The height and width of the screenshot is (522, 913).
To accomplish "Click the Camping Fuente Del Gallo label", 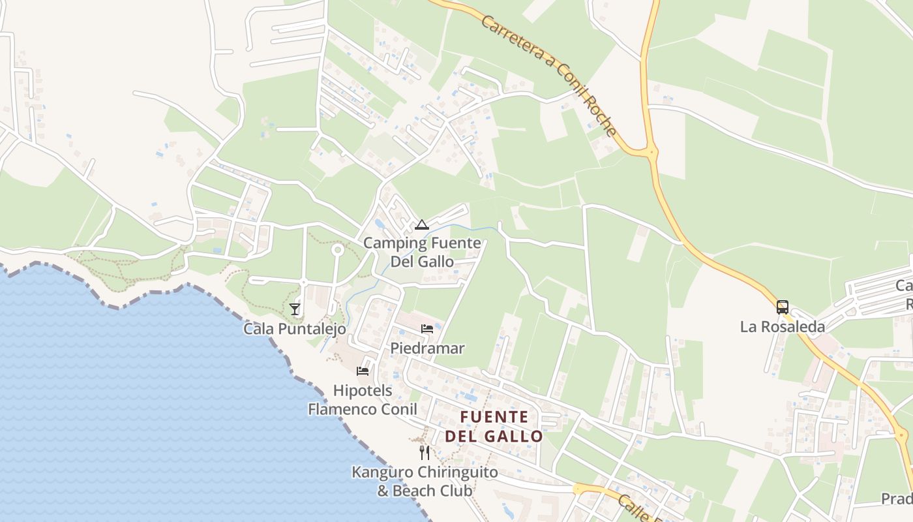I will tap(422, 252).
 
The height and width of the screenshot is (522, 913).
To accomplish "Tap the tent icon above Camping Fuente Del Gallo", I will tap(422, 225).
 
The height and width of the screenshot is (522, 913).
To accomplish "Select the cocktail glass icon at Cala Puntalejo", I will tap(295, 309).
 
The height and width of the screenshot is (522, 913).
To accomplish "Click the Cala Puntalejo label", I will tap(295, 329).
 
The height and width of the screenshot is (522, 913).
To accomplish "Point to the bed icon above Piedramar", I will tap(427, 328).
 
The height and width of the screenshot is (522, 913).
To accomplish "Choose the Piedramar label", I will tap(427, 348).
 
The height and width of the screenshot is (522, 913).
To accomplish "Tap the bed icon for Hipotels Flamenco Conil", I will tap(363, 371).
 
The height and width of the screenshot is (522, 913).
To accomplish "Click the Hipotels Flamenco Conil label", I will tap(363, 400).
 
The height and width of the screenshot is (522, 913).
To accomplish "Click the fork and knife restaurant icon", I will tap(425, 452).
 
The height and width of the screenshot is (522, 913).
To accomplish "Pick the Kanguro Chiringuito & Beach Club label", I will tap(425, 481).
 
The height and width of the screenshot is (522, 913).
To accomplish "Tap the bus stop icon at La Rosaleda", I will tap(782, 307).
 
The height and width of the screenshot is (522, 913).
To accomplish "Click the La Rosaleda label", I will tap(782, 327).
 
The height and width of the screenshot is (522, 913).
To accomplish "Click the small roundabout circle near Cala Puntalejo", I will tap(337, 249).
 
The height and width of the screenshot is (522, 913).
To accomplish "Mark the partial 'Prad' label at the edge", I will tap(896, 499).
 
